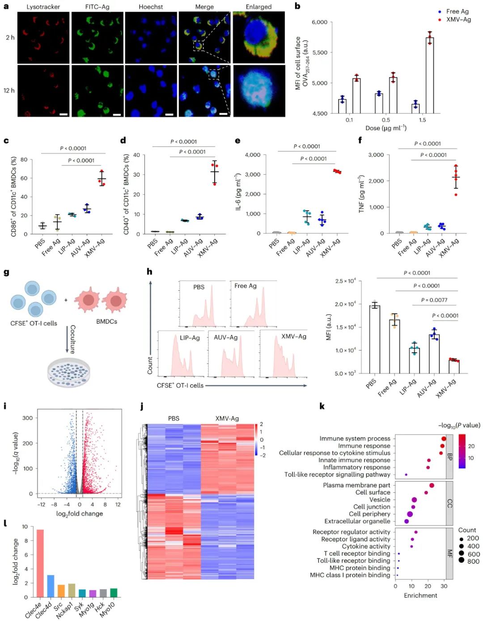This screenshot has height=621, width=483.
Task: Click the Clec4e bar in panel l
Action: point(40,563)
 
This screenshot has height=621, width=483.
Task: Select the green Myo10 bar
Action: point(114,593)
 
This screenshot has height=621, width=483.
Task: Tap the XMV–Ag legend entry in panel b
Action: point(458,19)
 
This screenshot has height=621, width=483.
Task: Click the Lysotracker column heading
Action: point(43,7)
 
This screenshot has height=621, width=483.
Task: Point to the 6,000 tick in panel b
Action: point(319,22)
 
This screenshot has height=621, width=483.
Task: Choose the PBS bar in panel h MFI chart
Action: point(374,339)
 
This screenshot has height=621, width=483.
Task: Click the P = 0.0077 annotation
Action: point(434,300)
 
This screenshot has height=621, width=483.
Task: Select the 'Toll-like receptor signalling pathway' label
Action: point(337,474)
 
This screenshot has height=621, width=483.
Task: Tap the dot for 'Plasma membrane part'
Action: point(432,485)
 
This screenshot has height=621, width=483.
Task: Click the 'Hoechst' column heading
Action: point(151,7)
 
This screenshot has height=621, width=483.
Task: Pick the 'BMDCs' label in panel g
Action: point(106,321)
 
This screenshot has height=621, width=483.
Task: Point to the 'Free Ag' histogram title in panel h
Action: point(246,286)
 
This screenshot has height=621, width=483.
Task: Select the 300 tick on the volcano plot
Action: point(28,418)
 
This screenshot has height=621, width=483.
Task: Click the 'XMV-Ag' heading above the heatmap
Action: point(227,418)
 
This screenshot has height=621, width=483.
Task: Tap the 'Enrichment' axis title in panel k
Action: point(420,595)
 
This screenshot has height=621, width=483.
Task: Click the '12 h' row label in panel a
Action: point(9,90)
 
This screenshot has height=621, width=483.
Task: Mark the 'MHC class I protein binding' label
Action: point(350,575)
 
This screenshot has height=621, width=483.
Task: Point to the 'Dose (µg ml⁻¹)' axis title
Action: point(386,128)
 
